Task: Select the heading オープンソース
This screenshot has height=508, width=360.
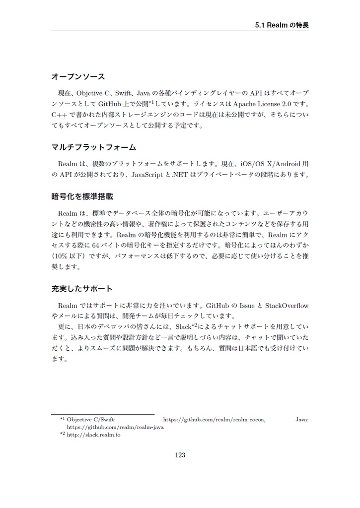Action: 78,77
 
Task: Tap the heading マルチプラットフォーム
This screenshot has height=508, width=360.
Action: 94,148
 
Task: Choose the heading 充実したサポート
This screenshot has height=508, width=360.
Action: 82,288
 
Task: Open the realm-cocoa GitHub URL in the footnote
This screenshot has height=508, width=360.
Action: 214,420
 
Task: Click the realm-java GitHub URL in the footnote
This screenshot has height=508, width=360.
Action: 115,427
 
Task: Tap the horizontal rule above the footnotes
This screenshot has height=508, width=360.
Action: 103,414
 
